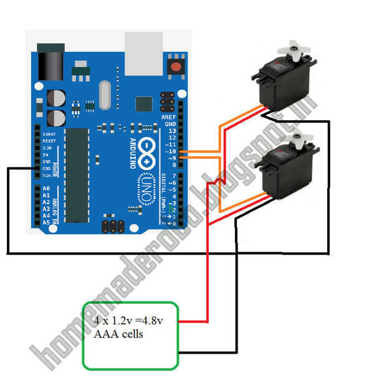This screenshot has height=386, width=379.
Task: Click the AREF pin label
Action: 169,117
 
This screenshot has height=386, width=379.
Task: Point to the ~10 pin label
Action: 170,151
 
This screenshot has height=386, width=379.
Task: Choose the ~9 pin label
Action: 171,158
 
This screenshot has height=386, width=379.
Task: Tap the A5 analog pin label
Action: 46,222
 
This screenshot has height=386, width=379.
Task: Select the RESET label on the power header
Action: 49,141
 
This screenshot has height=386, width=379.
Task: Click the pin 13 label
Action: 171,131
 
